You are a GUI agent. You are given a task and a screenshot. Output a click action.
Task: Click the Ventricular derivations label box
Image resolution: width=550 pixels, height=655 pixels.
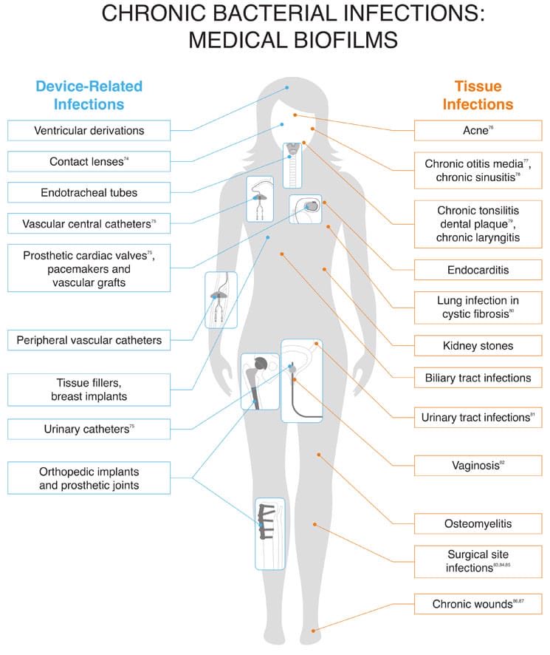pyautogui.click(x=100, y=131)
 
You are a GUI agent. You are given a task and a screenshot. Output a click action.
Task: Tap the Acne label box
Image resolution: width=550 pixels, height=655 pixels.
pyautogui.click(x=478, y=131)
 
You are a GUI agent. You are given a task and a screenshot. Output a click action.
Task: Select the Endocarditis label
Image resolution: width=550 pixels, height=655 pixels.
pyautogui.click(x=478, y=271)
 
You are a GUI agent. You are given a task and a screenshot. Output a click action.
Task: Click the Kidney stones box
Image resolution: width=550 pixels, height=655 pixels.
pyautogui.click(x=478, y=345)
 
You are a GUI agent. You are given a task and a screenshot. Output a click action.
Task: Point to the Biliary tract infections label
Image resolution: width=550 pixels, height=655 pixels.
pyautogui.click(x=478, y=378)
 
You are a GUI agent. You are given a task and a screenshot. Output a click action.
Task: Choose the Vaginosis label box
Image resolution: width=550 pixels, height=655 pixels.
pyautogui.click(x=478, y=466)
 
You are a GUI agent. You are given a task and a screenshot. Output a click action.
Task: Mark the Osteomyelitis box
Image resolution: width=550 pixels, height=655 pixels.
pyautogui.click(x=478, y=524)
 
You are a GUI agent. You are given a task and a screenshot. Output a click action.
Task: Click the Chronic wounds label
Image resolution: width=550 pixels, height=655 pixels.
pyautogui.click(x=478, y=604)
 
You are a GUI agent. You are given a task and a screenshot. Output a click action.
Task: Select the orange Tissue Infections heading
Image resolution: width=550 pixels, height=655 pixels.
pyautogui.click(x=478, y=95)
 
